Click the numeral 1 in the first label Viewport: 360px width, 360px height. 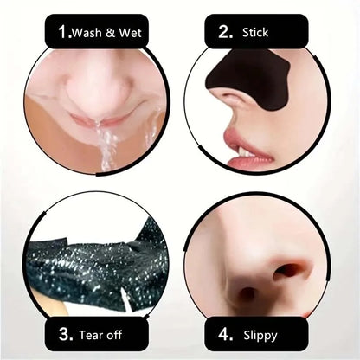[62, 33]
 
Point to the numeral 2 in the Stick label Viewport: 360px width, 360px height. [226, 33]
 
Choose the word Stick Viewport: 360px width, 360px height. [256, 33]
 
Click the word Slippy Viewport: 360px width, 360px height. [260, 332]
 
